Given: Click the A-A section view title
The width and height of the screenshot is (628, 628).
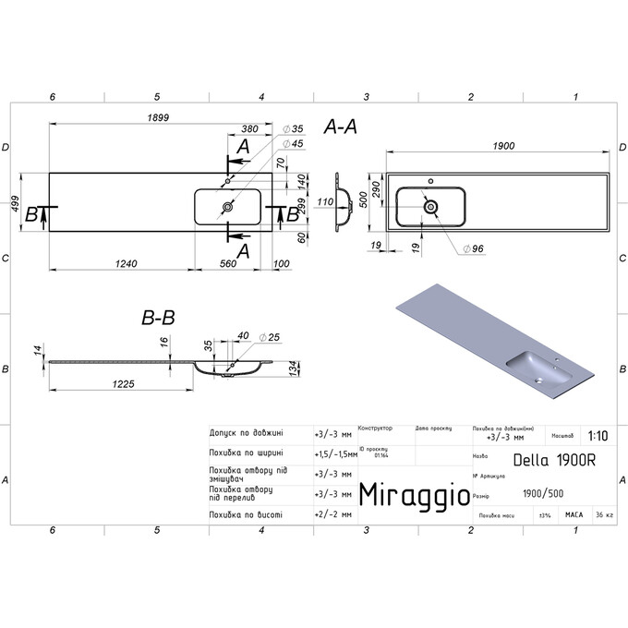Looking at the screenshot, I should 340,128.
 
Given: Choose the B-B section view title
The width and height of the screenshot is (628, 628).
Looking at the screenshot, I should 158,318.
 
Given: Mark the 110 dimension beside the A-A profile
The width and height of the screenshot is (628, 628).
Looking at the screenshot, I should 324,201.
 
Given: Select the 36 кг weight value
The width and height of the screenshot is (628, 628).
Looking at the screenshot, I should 604,514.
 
